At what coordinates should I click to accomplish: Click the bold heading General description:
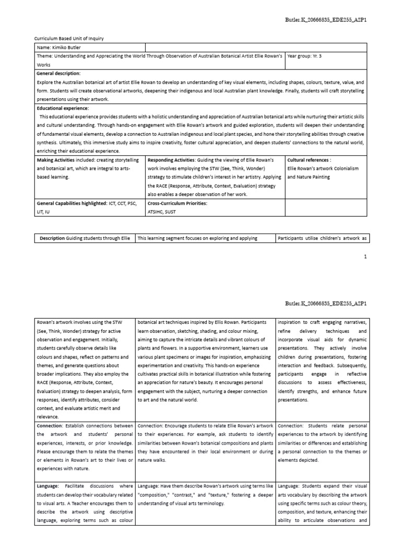click(58, 74)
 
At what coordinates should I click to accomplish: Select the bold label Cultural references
click(309, 160)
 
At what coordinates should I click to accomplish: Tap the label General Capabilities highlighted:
click(72, 203)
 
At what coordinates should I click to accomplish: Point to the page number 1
click(365, 257)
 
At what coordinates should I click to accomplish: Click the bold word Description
click(52, 238)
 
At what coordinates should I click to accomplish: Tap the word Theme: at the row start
click(45, 56)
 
